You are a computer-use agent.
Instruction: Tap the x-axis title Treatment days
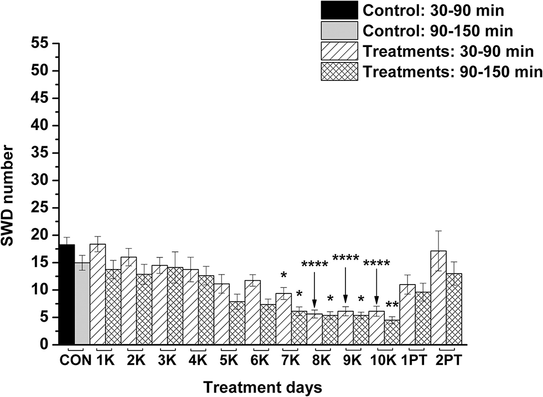[x=263, y=386]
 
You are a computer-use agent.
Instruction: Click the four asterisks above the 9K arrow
[x=346, y=258]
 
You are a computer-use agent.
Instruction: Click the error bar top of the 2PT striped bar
[x=438, y=231]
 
